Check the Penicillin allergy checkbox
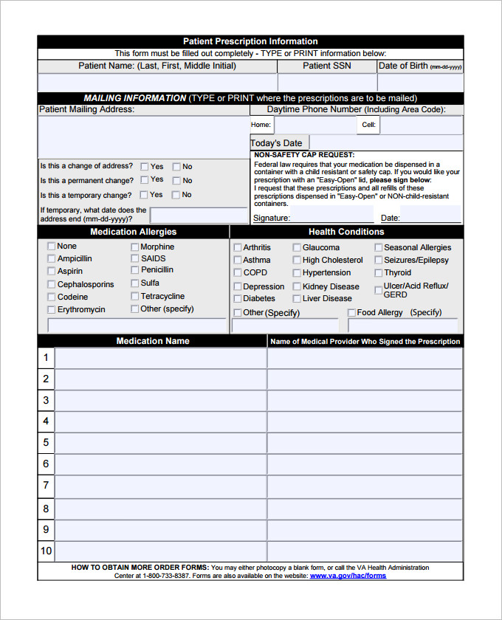point(135,270)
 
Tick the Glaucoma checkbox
point(297,248)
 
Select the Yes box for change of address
point(145,167)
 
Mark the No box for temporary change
point(176,196)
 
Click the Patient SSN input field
point(326,82)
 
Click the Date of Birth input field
point(420,82)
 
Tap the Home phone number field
point(314,125)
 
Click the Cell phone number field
point(421,125)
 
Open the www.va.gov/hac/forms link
point(348,576)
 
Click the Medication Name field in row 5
point(160,442)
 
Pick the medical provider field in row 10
point(365,551)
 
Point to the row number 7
point(46,485)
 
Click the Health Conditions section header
point(346,232)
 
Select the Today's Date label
point(277,143)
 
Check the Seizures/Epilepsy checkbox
point(378,261)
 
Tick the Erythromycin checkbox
point(51,310)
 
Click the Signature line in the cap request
point(331,216)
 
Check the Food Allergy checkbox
point(351,313)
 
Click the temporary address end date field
point(199,215)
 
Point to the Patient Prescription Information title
point(250,41)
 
